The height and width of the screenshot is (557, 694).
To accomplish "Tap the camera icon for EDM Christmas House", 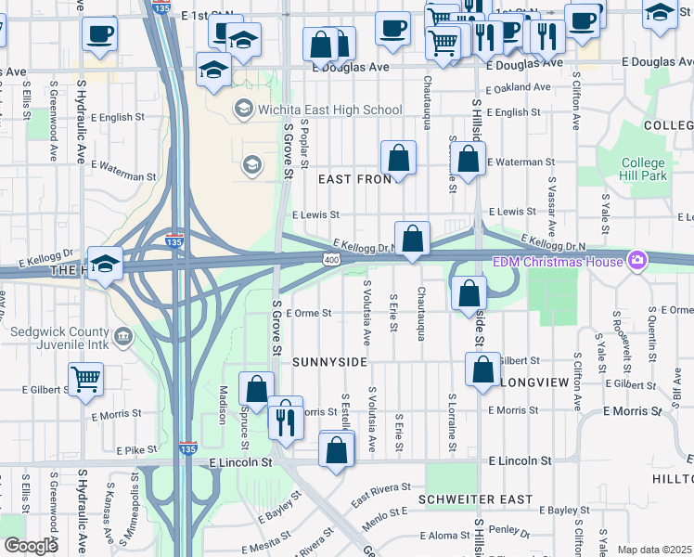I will [636, 260].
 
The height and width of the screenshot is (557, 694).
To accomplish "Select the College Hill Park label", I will [644, 169].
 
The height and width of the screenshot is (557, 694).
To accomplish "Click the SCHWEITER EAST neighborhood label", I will [476, 499].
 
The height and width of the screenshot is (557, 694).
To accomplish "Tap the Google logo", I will [31, 546].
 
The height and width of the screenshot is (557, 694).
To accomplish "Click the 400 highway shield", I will [332, 257].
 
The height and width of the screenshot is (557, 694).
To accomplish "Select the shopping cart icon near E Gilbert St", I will [85, 377].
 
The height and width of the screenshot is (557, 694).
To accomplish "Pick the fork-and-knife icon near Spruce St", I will [285, 421].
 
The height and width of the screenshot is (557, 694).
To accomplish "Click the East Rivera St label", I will [380, 495].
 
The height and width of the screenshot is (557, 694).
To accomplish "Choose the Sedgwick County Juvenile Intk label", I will [60, 338].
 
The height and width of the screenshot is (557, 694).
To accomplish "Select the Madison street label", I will [224, 405].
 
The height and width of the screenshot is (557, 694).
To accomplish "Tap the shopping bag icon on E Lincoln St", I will [336, 450].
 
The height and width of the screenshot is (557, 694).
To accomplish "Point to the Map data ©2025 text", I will [654, 550].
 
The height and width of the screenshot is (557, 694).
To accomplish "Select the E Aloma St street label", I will [446, 536].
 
